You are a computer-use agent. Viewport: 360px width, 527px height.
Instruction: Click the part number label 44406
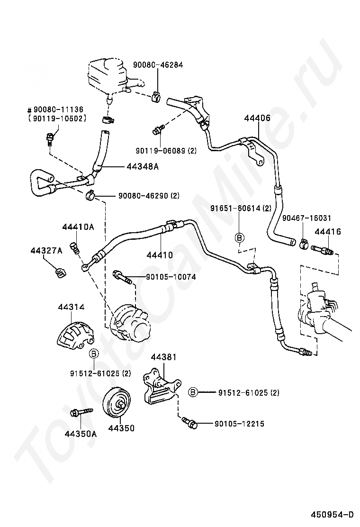coord(257,118)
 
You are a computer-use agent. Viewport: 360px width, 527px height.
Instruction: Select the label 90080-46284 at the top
coord(158,65)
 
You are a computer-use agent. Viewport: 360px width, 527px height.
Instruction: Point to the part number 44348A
coord(143,166)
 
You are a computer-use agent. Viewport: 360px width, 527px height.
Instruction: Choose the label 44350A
coord(81,434)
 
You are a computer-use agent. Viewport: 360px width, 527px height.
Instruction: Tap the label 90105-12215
coord(239,424)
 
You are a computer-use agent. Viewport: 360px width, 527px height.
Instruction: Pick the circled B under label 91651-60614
coord(239,237)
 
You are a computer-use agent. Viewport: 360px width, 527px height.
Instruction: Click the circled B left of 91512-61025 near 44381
coord(193,392)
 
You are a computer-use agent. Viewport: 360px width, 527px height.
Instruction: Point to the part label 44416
coord(328,232)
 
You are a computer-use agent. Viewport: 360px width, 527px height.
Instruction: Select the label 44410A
coord(78,227)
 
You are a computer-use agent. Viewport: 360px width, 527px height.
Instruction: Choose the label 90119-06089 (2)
coord(166,151)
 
